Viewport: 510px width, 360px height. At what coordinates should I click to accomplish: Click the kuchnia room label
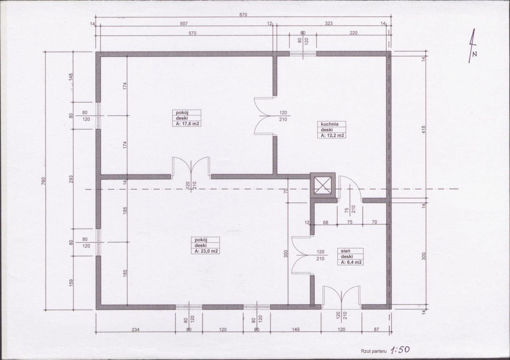(x=330, y=124)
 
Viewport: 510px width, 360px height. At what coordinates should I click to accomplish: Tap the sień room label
(x=345, y=251)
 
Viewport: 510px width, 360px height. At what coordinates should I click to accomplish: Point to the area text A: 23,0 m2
(x=206, y=251)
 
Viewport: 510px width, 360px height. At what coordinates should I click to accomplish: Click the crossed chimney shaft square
(x=323, y=186)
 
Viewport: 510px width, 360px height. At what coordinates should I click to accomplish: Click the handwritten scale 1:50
(x=400, y=350)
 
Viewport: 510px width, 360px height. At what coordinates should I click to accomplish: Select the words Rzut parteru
(x=374, y=351)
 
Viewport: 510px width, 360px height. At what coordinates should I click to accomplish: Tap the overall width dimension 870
(x=243, y=14)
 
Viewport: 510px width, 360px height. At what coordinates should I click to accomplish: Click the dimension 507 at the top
(x=184, y=23)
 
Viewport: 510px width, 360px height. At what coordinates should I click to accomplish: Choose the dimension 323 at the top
(x=328, y=23)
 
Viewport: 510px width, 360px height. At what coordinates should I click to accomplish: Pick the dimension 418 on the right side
(x=424, y=130)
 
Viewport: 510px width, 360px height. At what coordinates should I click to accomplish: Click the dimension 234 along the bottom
(x=135, y=329)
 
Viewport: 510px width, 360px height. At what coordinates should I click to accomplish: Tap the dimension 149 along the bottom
(x=295, y=329)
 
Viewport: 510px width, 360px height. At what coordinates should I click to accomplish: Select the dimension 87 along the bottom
(x=376, y=329)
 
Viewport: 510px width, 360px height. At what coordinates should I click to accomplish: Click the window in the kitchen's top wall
(x=303, y=54)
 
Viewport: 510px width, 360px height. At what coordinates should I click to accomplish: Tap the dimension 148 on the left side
(x=71, y=77)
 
